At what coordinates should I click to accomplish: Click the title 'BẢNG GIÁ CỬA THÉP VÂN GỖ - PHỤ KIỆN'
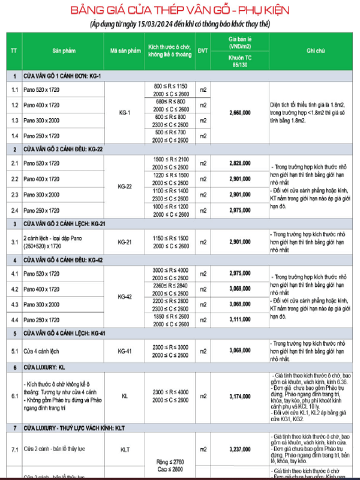pyautogui.click(x=179, y=11)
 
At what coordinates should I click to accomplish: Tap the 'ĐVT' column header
pyautogui.click(x=203, y=51)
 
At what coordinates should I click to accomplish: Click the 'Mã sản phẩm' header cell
pyautogui.click(x=125, y=51)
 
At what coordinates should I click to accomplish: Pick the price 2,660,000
pyautogui.click(x=240, y=112)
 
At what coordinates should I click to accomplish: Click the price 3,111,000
pyautogui.click(x=240, y=320)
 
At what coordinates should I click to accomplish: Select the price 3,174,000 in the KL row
pyautogui.click(x=240, y=396)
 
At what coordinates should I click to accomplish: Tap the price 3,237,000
pyautogui.click(x=240, y=448)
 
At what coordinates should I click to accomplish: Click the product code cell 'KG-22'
pyautogui.click(x=125, y=187)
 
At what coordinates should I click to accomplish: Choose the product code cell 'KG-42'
pyautogui.click(x=125, y=296)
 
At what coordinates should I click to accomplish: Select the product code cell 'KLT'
pyautogui.click(x=125, y=448)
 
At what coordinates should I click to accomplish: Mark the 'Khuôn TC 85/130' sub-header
pyautogui.click(x=240, y=59)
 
